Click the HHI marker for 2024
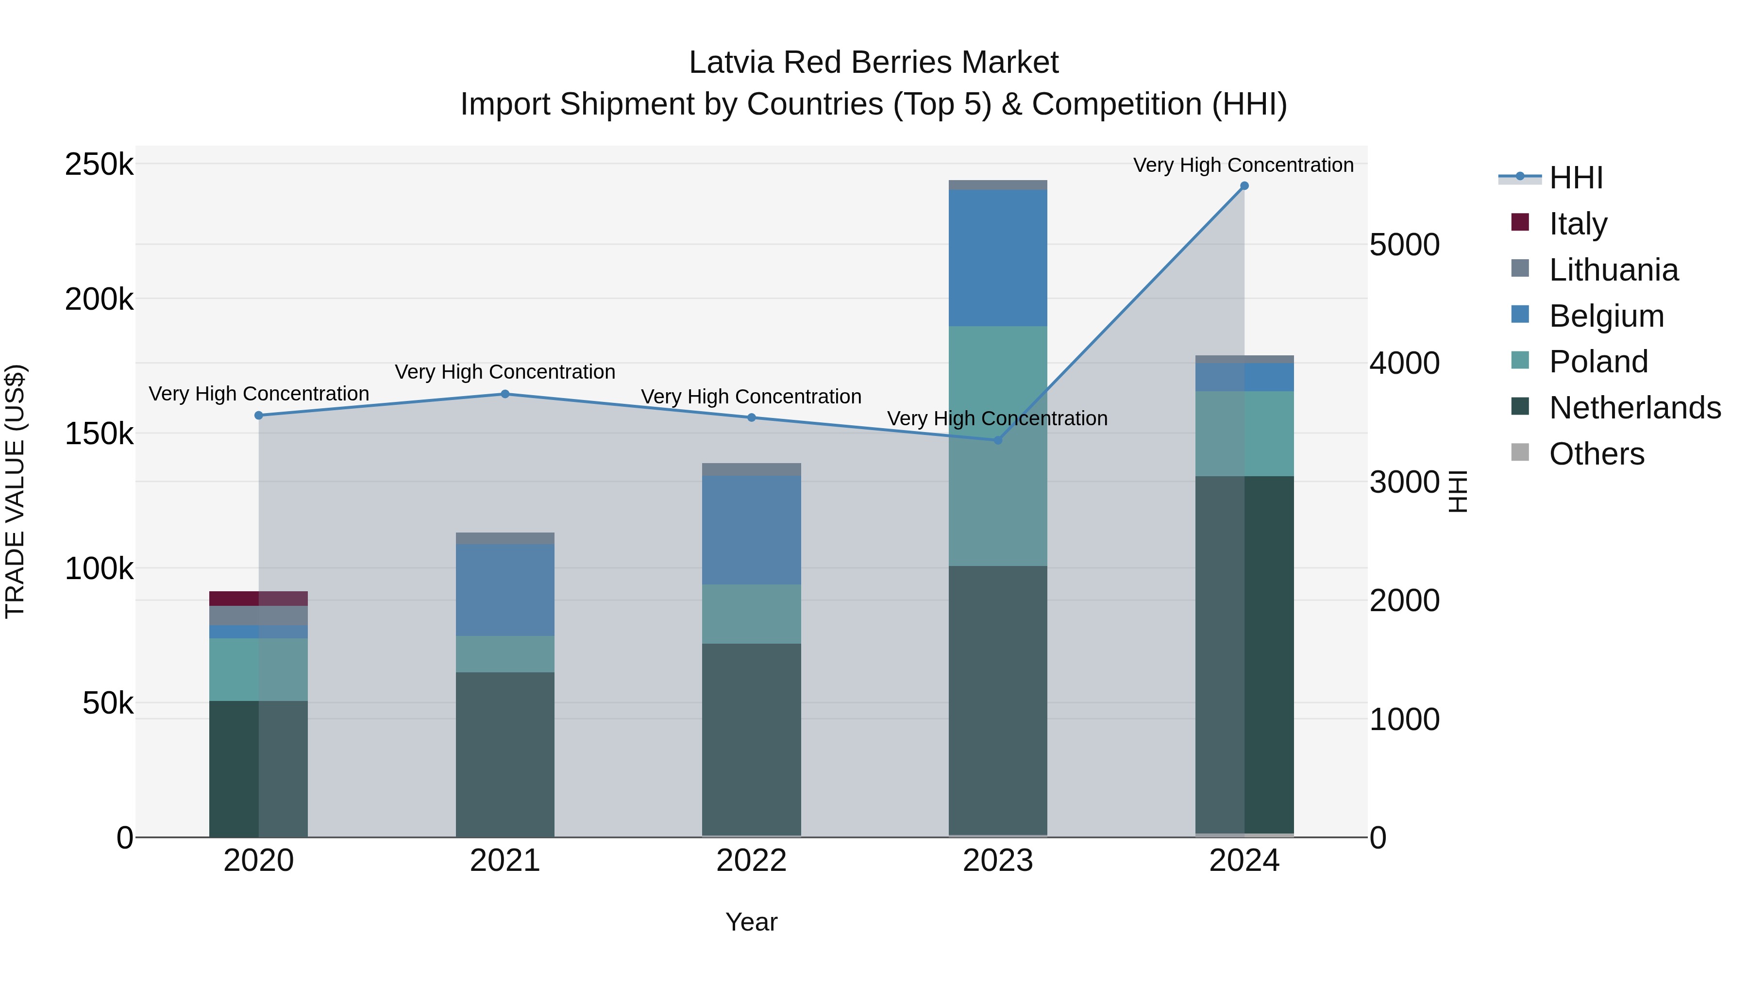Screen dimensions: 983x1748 1244,186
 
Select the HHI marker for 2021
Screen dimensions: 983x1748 505,394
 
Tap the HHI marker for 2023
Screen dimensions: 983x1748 997,440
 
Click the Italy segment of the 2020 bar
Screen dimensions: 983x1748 258,599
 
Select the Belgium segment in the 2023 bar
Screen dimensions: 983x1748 997,258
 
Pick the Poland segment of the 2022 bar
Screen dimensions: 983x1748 751,614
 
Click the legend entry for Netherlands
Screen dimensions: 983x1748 1634,408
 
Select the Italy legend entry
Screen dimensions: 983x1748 1578,223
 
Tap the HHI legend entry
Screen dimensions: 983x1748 1576,178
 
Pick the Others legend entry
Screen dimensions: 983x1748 1596,454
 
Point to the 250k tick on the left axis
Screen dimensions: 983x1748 99,164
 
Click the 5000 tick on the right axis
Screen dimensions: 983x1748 1404,245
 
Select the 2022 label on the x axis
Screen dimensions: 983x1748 751,861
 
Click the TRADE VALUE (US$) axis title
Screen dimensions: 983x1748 15,491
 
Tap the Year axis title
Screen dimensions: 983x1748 751,922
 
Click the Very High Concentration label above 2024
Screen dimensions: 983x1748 1243,165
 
